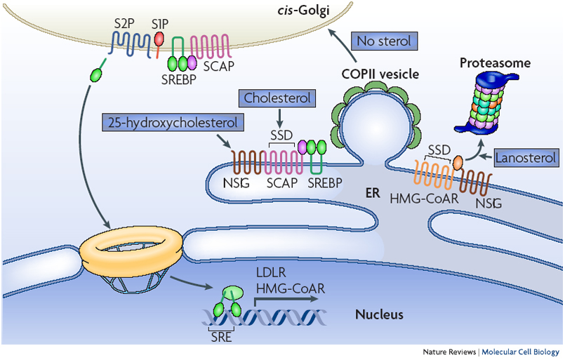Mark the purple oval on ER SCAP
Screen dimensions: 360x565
[304, 148]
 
